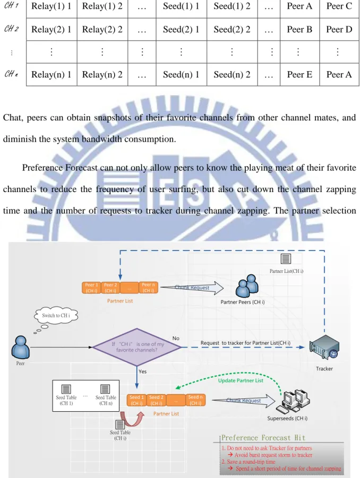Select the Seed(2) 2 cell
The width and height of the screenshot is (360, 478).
[232, 29]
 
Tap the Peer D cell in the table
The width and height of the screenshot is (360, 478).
[339, 29]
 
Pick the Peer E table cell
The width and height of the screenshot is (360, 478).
[299, 74]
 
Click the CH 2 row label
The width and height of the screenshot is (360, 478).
[11, 29]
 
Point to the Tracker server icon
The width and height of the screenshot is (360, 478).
[324, 347]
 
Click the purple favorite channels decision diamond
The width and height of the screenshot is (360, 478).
[137, 347]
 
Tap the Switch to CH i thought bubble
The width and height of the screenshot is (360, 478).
[56, 316]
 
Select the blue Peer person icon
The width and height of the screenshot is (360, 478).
[20, 347]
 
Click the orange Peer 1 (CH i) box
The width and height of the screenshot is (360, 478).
[91, 288]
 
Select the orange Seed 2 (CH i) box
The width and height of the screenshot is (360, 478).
[156, 400]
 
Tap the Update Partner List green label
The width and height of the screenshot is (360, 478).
[241, 380]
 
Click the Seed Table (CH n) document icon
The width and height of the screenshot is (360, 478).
[105, 389]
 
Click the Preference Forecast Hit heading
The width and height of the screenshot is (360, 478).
[263, 438]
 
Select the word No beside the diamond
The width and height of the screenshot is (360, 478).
[176, 338]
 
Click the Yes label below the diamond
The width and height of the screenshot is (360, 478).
[142, 371]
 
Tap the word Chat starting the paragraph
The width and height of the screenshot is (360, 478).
[13, 118]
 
